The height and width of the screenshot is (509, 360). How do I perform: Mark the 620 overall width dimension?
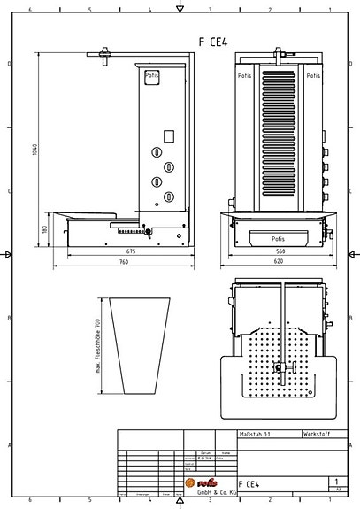tap(279, 262)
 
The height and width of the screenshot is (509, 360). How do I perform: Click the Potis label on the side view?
tap(152, 77)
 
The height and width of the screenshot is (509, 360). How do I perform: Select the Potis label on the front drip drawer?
tap(279, 238)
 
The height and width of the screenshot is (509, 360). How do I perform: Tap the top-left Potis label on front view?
tap(244, 77)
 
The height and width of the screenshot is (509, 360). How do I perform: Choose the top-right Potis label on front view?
tap(313, 77)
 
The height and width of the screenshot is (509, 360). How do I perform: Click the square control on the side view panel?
tap(166, 135)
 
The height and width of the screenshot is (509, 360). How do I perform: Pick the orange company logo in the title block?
tap(199, 482)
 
